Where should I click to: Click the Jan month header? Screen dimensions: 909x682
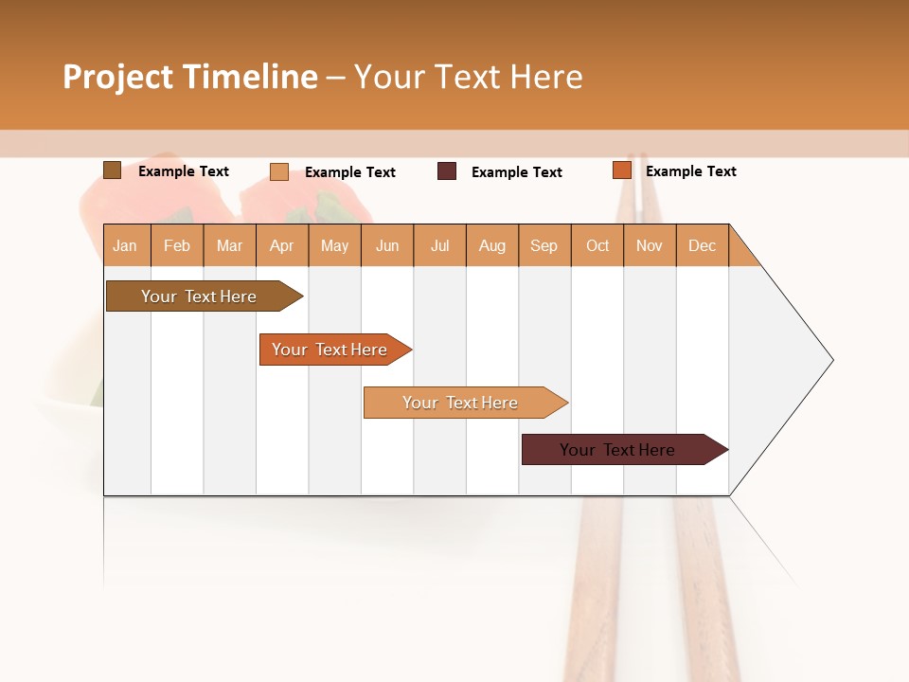click(125, 246)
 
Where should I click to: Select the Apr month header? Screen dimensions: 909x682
click(281, 246)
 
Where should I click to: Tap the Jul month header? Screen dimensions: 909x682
click(439, 246)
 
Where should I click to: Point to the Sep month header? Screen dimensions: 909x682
click(544, 246)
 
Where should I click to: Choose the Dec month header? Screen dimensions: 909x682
click(702, 246)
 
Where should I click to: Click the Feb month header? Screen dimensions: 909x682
click(177, 246)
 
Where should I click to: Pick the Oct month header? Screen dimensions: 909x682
click(597, 246)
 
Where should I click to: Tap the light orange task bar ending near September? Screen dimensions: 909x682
click(461, 403)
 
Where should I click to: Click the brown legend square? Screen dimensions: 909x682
click(112, 170)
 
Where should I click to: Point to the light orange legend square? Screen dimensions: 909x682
click(278, 171)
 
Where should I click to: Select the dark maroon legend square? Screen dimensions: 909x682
click(447, 171)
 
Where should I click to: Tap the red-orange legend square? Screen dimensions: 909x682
click(621, 170)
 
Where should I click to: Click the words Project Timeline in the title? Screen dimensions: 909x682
click(190, 77)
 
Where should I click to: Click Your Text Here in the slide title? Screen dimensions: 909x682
click(468, 77)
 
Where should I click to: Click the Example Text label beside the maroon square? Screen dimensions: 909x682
click(516, 172)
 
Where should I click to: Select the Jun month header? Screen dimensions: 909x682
click(387, 246)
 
